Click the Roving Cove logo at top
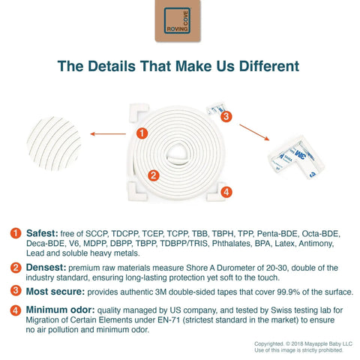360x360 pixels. (x=178, y=21)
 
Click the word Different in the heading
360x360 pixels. (x=269, y=66)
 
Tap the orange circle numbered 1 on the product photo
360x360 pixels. (x=142, y=133)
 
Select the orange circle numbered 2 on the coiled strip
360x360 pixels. (x=154, y=175)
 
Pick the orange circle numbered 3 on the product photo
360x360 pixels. (x=226, y=116)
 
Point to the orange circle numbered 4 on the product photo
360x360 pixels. (x=226, y=192)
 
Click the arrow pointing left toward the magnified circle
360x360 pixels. (x=108, y=134)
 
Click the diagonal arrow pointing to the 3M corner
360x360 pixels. (x=254, y=133)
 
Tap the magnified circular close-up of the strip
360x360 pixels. (x=54, y=143)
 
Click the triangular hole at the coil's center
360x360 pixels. (x=178, y=153)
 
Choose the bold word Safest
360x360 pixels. (x=42, y=233)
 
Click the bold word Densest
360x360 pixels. (x=46, y=268)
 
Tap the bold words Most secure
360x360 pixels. (x=55, y=292)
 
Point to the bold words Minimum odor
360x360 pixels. (x=61, y=310)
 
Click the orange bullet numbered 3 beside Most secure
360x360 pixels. (x=16, y=291)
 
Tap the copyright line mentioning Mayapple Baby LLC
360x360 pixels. (x=303, y=344)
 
